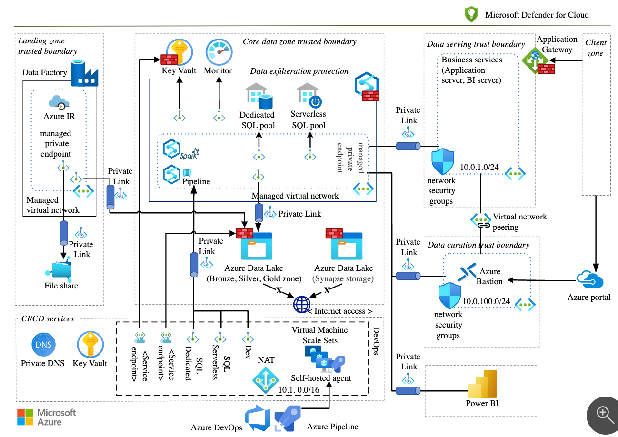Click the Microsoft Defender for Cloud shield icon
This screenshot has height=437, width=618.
(471, 14)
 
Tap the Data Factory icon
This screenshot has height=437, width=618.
(84, 73)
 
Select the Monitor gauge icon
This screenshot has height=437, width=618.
(218, 52)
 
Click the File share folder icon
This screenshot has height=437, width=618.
(60, 269)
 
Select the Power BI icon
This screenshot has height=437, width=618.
(482, 384)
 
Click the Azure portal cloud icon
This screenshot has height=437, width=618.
(589, 279)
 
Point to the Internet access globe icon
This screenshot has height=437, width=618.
(302, 304)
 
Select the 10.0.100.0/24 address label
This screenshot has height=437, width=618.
(486, 301)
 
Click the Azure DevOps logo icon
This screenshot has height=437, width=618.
(258, 417)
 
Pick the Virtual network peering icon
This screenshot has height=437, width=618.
(480, 220)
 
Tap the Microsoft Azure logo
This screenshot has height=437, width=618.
(46, 417)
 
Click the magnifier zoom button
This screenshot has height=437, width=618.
(604, 414)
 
